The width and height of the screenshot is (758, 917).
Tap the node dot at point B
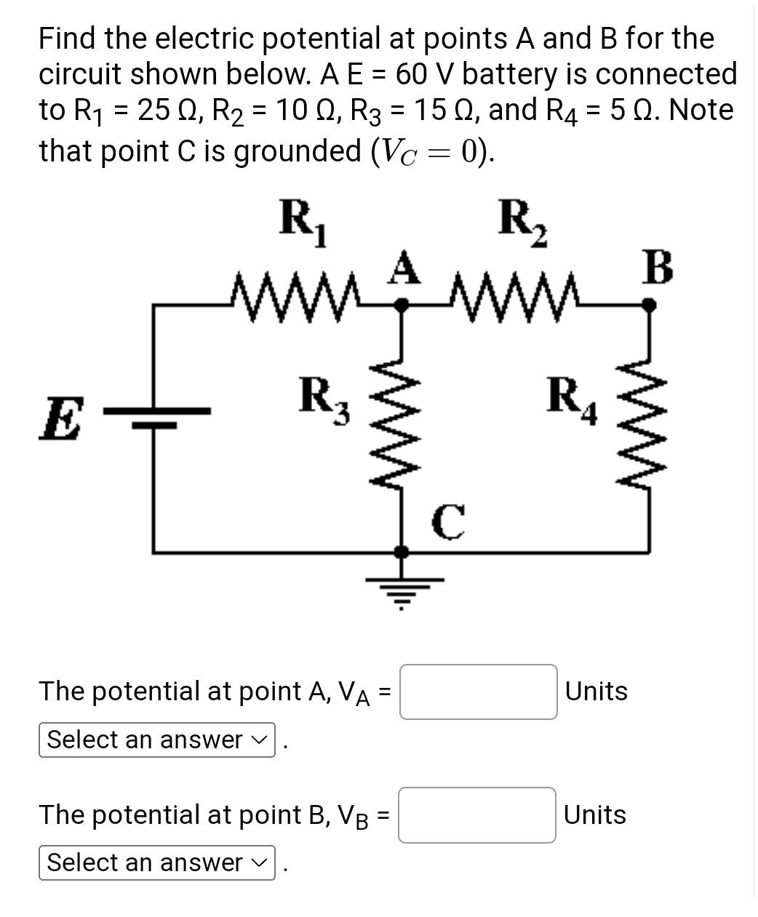(x=649, y=306)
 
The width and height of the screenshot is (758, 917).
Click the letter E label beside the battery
(x=60, y=420)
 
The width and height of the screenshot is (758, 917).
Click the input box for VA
(x=478, y=692)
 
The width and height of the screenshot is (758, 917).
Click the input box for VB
(x=477, y=814)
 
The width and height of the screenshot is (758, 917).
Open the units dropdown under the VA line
(x=156, y=740)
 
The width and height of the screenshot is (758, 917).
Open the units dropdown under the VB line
(x=156, y=862)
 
